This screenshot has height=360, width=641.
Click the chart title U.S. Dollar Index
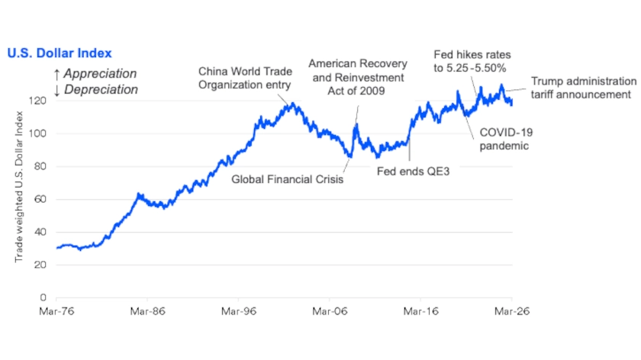(60, 53)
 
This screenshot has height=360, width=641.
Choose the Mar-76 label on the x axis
(56, 311)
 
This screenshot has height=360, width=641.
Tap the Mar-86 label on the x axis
(148, 311)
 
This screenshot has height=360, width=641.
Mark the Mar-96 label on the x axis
(239, 311)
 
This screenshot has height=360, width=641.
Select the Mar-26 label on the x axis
(511, 311)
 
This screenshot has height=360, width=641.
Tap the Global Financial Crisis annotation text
(288, 181)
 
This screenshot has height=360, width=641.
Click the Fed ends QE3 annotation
(414, 172)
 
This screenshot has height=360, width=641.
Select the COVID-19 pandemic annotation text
(504, 139)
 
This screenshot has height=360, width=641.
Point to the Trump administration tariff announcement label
(582, 88)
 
